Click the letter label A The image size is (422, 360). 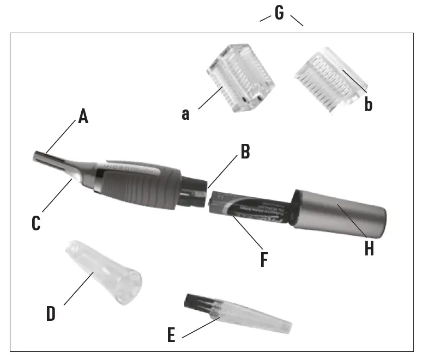(83, 116)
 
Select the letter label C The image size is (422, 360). (36, 223)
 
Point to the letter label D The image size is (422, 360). (51, 314)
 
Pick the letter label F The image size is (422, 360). (264, 260)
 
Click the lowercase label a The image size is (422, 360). (186, 115)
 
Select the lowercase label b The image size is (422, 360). (369, 104)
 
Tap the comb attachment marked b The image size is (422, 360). (327, 79)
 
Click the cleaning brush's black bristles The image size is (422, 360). (196, 302)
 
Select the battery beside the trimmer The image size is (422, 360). (248, 210)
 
